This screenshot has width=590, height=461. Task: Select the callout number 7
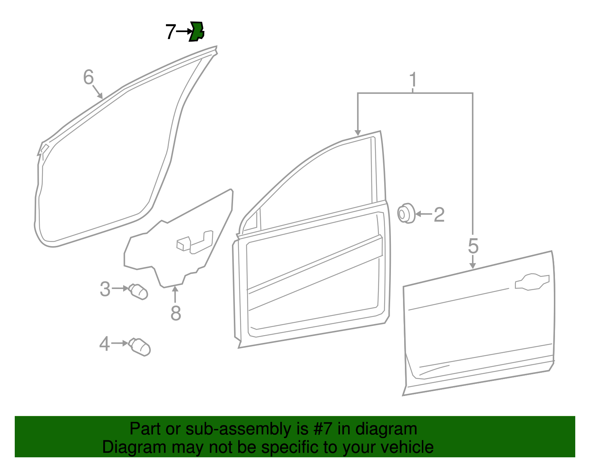point(170,32)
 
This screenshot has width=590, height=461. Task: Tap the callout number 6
point(88,78)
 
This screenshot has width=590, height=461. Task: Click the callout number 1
point(413,80)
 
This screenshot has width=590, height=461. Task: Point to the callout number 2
point(439,215)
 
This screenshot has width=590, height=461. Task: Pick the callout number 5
point(473,246)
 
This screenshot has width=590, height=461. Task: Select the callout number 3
point(105,289)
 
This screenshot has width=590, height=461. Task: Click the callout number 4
point(104,344)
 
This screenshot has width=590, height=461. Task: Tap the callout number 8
point(176,313)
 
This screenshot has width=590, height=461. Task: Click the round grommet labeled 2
point(406,213)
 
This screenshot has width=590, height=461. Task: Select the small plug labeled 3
point(139,292)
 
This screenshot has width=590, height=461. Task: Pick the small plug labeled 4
point(140,347)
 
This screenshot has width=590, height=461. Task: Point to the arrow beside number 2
point(424,214)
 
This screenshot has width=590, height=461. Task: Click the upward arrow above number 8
point(176,295)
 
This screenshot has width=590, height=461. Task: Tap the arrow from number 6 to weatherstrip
point(97,92)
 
